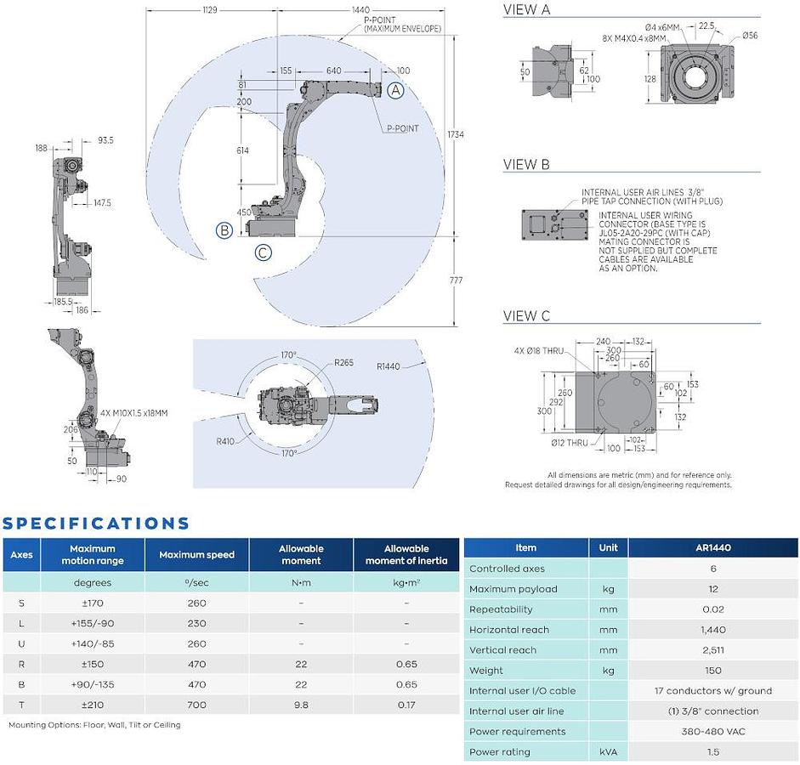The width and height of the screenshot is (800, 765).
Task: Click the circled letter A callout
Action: point(395,90)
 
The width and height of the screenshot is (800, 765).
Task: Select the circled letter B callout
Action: point(224,230)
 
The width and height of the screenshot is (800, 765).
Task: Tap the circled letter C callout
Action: point(264,252)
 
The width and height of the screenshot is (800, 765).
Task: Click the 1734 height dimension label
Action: point(456,134)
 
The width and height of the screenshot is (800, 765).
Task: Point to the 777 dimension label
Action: point(456,280)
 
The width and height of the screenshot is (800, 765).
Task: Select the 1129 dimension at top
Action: point(210,9)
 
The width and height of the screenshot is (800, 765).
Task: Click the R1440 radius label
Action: point(389,366)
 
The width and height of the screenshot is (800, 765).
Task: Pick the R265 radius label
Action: point(343,363)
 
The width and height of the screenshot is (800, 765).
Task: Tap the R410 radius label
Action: point(225,441)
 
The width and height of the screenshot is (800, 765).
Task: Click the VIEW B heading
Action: point(526,164)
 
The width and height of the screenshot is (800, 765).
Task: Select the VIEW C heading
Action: point(526,315)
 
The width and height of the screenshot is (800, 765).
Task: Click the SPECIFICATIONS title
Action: point(95,524)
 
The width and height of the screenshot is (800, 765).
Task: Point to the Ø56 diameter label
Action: point(750,35)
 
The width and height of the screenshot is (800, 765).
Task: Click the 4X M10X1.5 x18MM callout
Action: point(133,412)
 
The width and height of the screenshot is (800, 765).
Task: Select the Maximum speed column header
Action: point(197,554)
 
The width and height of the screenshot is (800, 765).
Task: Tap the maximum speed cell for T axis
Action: point(197,705)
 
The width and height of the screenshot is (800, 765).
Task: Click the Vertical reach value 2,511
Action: point(713,649)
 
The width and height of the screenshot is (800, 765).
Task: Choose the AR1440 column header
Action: point(713,547)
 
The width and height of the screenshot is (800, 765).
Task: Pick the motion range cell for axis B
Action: point(93,684)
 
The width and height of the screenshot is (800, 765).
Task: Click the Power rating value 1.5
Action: point(713,751)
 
